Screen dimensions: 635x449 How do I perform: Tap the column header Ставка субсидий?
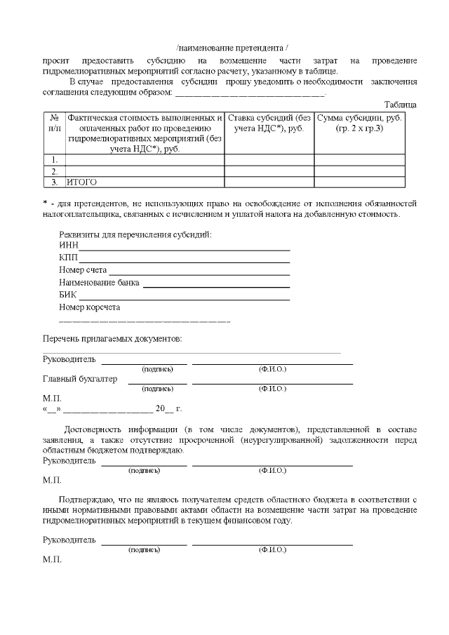(x=269, y=123)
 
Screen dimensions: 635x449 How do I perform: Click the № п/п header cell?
(x=54, y=123)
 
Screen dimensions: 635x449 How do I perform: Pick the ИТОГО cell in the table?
(x=81, y=182)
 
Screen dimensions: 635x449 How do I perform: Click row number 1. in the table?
(x=54, y=159)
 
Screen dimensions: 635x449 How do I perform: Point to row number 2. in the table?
(x=54, y=171)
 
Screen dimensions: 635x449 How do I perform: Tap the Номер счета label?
(x=83, y=270)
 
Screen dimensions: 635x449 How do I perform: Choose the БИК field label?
(x=68, y=295)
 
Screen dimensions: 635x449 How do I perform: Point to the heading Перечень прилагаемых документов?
(x=112, y=339)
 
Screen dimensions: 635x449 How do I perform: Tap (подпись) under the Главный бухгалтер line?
(x=157, y=388)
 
